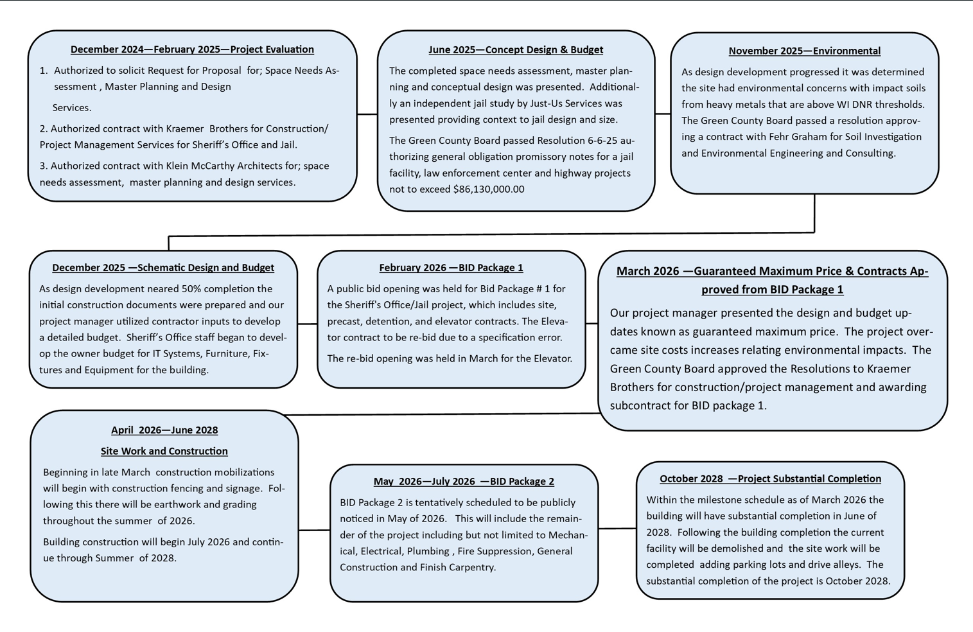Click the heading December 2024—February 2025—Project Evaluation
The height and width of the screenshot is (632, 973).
[x=192, y=49]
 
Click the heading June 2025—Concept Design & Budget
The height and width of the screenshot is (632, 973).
[x=515, y=49]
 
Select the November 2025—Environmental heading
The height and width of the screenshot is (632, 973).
[x=804, y=51]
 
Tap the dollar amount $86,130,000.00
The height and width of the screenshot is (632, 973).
[x=489, y=189]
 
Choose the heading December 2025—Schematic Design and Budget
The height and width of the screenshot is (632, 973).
[x=163, y=268]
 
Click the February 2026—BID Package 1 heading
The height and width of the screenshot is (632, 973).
[x=451, y=268]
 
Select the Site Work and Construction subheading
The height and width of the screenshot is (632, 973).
[x=164, y=452]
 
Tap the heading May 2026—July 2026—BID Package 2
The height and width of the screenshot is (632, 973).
[x=464, y=482]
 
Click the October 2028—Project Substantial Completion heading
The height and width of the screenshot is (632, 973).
[x=770, y=479]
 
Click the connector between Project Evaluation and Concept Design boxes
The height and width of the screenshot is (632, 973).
[x=367, y=114]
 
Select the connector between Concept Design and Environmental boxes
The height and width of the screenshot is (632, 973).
[x=663, y=114]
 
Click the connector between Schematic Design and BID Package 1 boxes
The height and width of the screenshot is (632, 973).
[x=307, y=324]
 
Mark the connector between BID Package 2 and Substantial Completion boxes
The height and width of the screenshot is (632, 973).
[x=617, y=529]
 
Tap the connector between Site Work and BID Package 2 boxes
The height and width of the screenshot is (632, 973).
[x=314, y=531]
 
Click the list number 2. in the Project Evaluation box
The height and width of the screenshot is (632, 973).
[x=43, y=129]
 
